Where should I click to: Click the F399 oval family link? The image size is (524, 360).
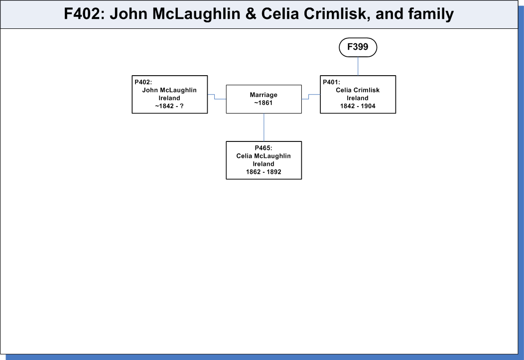(x=358, y=47)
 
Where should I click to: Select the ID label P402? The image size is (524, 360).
(x=143, y=82)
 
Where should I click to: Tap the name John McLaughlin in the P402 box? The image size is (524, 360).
(x=169, y=90)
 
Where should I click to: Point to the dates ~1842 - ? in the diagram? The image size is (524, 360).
(x=169, y=106)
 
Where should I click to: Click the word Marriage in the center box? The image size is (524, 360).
(x=263, y=95)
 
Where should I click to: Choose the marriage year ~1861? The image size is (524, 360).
(x=263, y=103)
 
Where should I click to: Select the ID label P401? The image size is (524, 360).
(x=332, y=82)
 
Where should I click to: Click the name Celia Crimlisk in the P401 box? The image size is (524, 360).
(x=358, y=90)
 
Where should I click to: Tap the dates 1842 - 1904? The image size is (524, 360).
(x=358, y=106)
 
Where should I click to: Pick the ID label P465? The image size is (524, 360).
(x=263, y=148)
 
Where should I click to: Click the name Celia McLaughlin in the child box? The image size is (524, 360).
(x=263, y=156)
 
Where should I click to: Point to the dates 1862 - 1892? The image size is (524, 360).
(x=263, y=172)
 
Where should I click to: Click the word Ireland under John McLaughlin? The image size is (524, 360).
(x=169, y=98)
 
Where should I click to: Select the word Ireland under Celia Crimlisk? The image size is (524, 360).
(x=358, y=98)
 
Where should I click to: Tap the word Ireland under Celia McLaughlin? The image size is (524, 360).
(x=263, y=164)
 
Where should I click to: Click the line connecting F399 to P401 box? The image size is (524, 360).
(x=358, y=66)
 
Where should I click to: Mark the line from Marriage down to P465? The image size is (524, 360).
(x=264, y=127)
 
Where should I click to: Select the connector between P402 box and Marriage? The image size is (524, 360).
(x=215, y=97)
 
